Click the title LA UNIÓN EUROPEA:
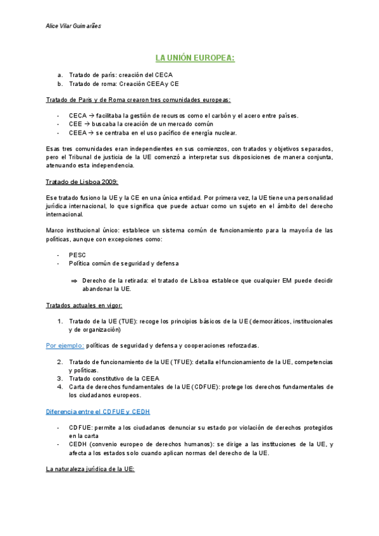195,58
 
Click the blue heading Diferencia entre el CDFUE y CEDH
98,411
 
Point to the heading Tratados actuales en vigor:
84,305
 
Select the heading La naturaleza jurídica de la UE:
90,469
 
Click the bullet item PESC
77,255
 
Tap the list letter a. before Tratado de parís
59,75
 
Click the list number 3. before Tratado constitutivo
59,379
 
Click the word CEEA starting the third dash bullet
78,133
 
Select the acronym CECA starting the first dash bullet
78,116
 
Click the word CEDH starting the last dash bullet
78,444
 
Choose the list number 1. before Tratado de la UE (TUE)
59,321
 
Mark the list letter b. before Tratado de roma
59,83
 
